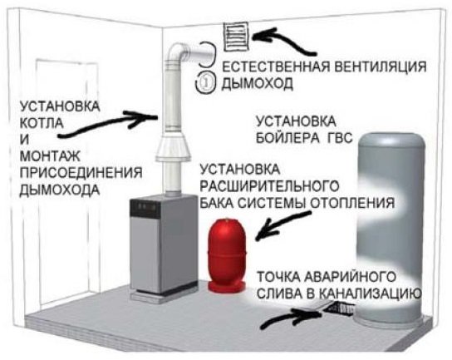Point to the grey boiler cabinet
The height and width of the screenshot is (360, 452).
pos(160,247)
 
